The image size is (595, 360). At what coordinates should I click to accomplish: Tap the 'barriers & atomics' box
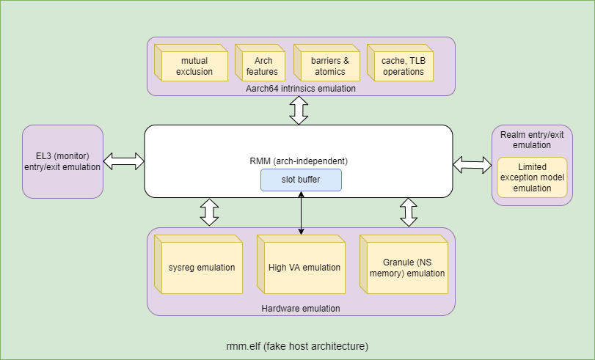[330, 66]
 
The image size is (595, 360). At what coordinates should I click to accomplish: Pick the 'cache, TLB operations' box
[402, 66]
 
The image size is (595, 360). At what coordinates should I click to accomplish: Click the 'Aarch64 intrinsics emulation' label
[301, 89]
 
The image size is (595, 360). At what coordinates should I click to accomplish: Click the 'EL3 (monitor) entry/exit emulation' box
[62, 161]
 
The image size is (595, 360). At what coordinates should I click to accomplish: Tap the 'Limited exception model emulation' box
[532, 178]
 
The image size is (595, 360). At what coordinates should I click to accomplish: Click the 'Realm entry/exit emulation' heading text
[531, 139]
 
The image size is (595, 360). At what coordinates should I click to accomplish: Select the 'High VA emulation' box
[301, 268]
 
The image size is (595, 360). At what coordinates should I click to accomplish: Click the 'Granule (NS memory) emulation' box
[404, 268]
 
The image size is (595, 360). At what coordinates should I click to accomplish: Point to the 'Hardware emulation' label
[301, 309]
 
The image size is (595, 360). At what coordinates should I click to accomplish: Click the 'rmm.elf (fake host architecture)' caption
[297, 345]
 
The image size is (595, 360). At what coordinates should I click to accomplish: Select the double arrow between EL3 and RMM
[123, 161]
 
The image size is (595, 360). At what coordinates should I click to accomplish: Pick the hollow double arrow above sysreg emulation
[210, 212]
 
